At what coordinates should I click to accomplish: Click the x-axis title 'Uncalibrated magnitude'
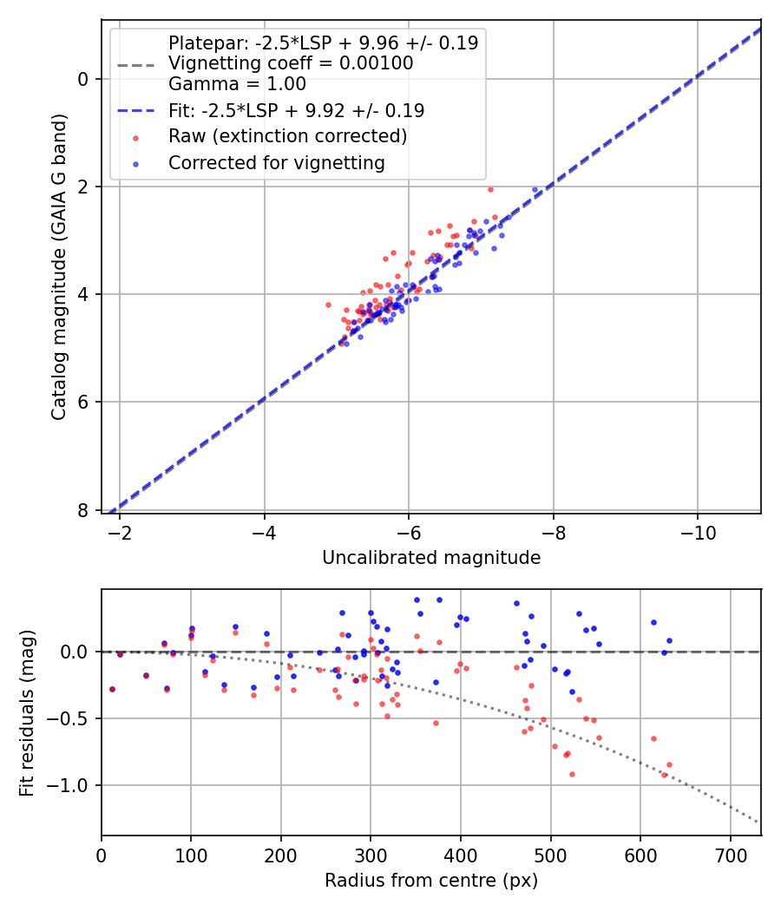[431, 558]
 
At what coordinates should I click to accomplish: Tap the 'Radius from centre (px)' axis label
[431, 881]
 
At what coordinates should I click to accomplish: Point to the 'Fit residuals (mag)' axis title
[27, 712]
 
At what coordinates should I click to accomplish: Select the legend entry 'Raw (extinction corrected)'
[287, 136]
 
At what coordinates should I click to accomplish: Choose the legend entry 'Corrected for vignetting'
[276, 162]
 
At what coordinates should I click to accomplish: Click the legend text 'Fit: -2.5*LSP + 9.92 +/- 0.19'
[296, 111]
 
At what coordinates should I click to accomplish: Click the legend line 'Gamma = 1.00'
[237, 84]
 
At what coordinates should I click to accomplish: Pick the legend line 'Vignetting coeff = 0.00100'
[291, 63]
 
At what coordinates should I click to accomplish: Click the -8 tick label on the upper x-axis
[553, 533]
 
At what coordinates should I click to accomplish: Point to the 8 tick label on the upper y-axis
[83, 510]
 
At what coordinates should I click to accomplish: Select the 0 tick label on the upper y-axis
[83, 79]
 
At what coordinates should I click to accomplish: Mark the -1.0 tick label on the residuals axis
[72, 785]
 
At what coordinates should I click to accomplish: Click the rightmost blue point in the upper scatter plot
[535, 189]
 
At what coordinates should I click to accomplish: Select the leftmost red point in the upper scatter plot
[328, 305]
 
